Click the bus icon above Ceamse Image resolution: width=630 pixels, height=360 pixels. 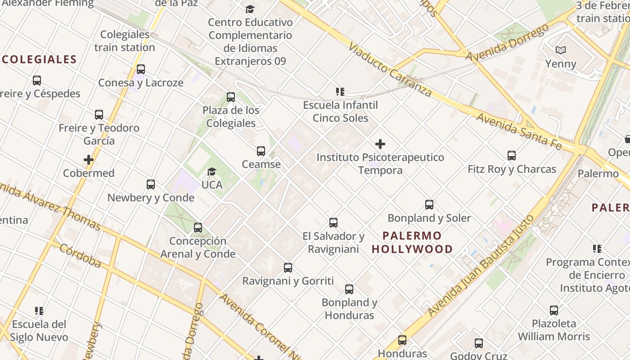(x=261, y=151)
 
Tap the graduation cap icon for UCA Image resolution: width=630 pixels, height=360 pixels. (x=211, y=171)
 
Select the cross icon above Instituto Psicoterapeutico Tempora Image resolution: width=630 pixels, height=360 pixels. (x=380, y=144)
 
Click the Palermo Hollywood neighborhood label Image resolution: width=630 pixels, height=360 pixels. (x=412, y=242)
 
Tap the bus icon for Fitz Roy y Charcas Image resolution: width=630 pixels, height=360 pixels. (x=512, y=156)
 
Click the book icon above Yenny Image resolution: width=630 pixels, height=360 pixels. (x=560, y=50)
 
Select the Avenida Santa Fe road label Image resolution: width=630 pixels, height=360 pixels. (x=519, y=131)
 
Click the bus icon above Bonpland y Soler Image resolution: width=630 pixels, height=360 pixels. (x=429, y=205)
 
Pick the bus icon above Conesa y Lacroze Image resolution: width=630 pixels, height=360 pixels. (x=141, y=69)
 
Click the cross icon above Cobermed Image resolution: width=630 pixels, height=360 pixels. (x=89, y=160)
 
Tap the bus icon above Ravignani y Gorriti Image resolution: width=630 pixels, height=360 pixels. (x=288, y=268)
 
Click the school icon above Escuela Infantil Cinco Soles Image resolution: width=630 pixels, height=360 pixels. (x=340, y=92)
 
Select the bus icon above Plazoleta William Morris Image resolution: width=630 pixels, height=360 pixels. (x=554, y=310)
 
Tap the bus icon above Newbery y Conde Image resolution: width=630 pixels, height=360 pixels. (x=151, y=184)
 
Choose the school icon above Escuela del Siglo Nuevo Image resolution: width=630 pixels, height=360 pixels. (x=39, y=311)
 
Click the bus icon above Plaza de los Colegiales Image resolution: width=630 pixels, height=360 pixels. (x=231, y=97)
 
